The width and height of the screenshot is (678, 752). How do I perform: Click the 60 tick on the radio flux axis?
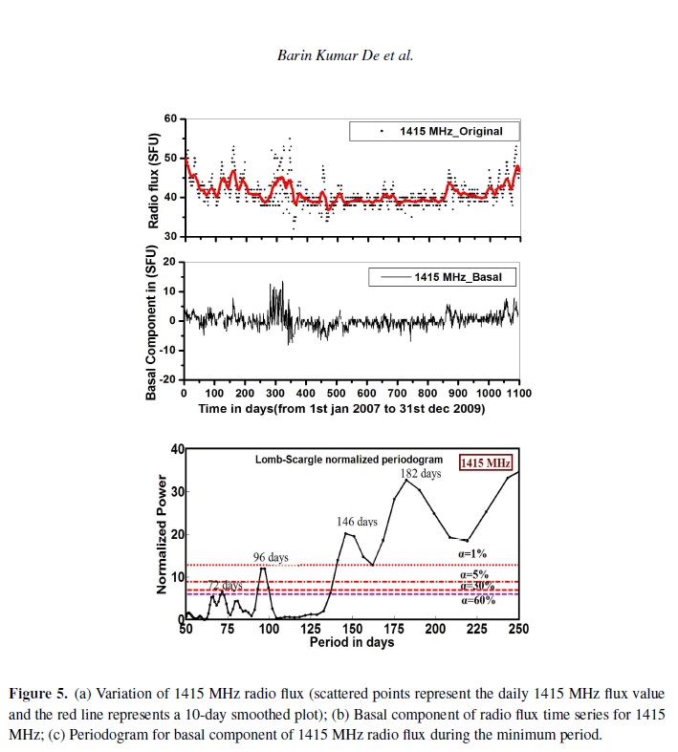pyautogui.click(x=171, y=118)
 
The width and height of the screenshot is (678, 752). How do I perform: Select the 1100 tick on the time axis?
pyautogui.click(x=517, y=393)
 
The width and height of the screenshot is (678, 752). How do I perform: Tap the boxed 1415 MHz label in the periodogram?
pyautogui.click(x=487, y=463)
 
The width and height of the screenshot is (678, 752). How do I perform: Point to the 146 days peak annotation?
pyautogui.click(x=357, y=522)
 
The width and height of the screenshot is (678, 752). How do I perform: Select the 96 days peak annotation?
pyautogui.click(x=271, y=557)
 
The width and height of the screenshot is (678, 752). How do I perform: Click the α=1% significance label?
pyautogui.click(x=473, y=553)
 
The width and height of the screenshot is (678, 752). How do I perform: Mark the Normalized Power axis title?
pyautogui.click(x=164, y=535)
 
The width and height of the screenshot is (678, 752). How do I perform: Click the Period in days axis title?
pyautogui.click(x=351, y=642)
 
